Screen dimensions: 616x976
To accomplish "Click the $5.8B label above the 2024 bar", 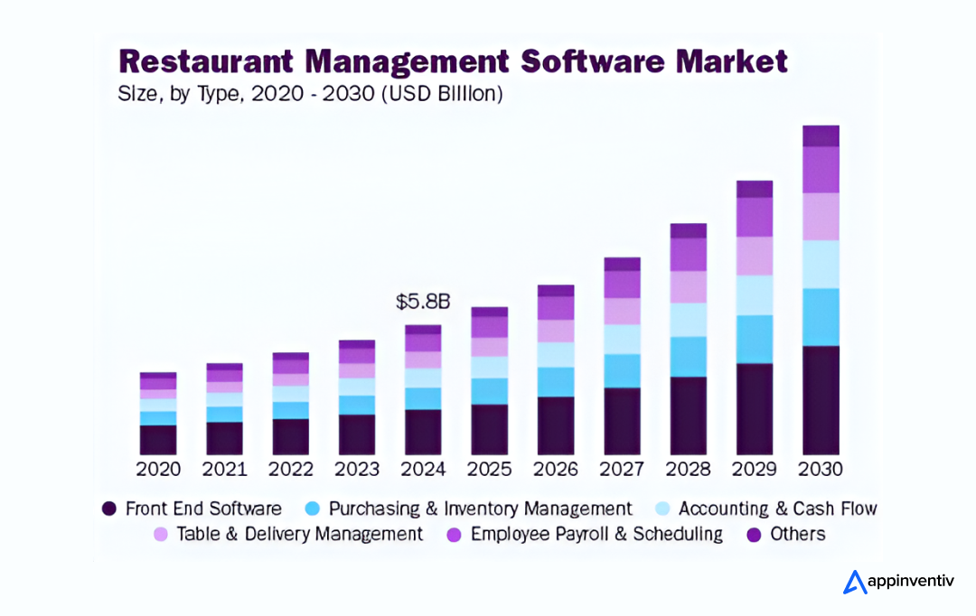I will click(423, 302).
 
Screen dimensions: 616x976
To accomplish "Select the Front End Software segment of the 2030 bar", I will click(821, 399).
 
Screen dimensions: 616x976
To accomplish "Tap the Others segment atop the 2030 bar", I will click(821, 135).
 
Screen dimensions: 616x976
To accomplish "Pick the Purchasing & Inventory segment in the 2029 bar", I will click(755, 339).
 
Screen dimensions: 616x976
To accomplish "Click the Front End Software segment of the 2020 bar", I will click(158, 439).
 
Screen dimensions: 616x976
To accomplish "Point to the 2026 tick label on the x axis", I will click(556, 470).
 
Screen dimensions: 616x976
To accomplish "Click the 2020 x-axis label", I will click(158, 470).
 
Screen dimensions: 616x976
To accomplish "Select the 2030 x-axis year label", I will click(821, 470).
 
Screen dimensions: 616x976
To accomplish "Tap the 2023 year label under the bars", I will click(357, 470).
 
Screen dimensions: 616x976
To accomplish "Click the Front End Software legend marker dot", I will click(109, 509).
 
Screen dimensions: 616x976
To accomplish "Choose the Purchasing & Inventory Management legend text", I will click(480, 509).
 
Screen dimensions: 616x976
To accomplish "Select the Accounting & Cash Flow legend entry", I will click(777, 509).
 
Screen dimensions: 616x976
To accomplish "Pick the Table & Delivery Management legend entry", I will click(299, 534).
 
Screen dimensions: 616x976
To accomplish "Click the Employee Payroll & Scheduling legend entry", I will click(596, 534).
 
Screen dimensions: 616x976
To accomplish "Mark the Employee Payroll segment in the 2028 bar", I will click(689, 255).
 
